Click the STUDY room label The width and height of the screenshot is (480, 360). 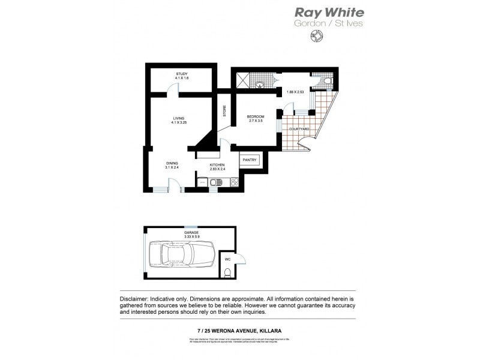click(181, 74)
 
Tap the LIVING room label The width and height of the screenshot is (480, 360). click(179, 118)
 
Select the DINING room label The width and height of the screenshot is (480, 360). click(172, 163)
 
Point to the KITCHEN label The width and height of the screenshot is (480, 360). click(217, 164)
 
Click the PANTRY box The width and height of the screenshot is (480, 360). click(250, 160)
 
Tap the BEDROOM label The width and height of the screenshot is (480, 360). click(256, 116)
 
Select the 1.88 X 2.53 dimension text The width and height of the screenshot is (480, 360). click(295, 92)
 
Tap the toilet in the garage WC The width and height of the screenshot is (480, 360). click(227, 274)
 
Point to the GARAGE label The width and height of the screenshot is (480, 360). click(191, 232)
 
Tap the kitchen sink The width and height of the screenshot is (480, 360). click(214, 182)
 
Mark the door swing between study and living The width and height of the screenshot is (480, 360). click(173, 89)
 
